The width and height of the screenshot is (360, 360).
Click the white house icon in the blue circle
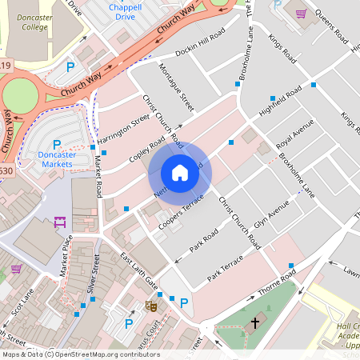180,173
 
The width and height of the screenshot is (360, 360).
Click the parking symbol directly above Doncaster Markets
57,144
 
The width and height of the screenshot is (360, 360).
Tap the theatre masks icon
150,305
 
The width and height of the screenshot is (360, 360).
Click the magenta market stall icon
59,223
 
